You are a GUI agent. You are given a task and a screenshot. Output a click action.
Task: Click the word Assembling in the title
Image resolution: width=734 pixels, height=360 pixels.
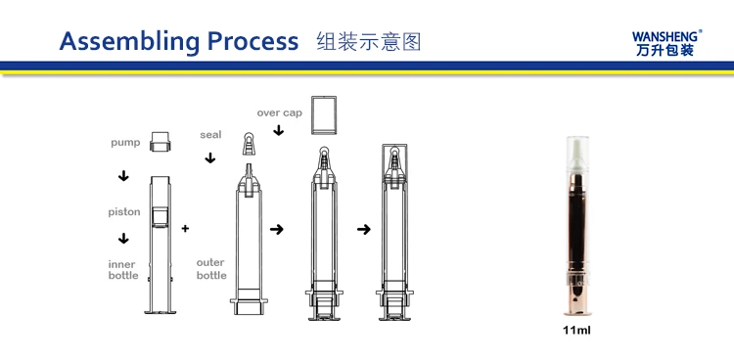(129, 42)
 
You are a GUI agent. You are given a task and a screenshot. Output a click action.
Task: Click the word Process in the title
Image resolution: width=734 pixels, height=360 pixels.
(252, 41)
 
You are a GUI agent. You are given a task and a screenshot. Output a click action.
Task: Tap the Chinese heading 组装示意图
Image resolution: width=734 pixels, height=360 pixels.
(369, 42)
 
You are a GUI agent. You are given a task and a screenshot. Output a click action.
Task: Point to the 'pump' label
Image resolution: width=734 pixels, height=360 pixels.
(125, 143)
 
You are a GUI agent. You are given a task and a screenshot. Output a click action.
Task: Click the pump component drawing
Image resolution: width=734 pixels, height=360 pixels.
(161, 142)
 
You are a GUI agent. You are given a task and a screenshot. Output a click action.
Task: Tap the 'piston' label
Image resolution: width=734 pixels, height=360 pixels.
(124, 212)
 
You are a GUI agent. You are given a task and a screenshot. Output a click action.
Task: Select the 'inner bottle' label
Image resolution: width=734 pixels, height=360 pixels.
(123, 270)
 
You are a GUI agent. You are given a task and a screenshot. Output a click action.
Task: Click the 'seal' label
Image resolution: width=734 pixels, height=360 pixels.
(210, 135)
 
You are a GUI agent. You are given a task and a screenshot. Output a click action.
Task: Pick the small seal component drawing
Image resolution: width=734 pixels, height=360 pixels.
(249, 144)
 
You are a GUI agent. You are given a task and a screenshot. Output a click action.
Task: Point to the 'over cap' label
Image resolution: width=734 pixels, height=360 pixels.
(280, 112)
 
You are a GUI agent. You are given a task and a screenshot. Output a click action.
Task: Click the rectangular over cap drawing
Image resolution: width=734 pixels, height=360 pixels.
(324, 115)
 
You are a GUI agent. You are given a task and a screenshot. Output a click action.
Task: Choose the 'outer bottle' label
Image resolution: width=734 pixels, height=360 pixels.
(211, 269)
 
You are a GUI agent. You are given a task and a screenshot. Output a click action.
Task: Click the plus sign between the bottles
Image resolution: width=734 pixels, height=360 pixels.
(185, 229)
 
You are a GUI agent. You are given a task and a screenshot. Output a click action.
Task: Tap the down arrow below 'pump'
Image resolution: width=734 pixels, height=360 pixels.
(123, 176)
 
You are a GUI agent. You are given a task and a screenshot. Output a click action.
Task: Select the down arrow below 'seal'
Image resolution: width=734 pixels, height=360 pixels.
(210, 158)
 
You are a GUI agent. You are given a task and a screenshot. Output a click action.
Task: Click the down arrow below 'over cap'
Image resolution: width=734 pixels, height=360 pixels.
(279, 130)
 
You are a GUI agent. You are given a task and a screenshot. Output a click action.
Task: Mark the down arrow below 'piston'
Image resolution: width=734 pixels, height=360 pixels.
(123, 239)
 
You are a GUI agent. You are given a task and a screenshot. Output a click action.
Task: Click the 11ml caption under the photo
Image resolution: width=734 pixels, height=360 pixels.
(576, 331)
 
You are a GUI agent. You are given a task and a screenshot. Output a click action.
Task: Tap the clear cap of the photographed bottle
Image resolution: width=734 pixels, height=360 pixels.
(577, 157)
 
